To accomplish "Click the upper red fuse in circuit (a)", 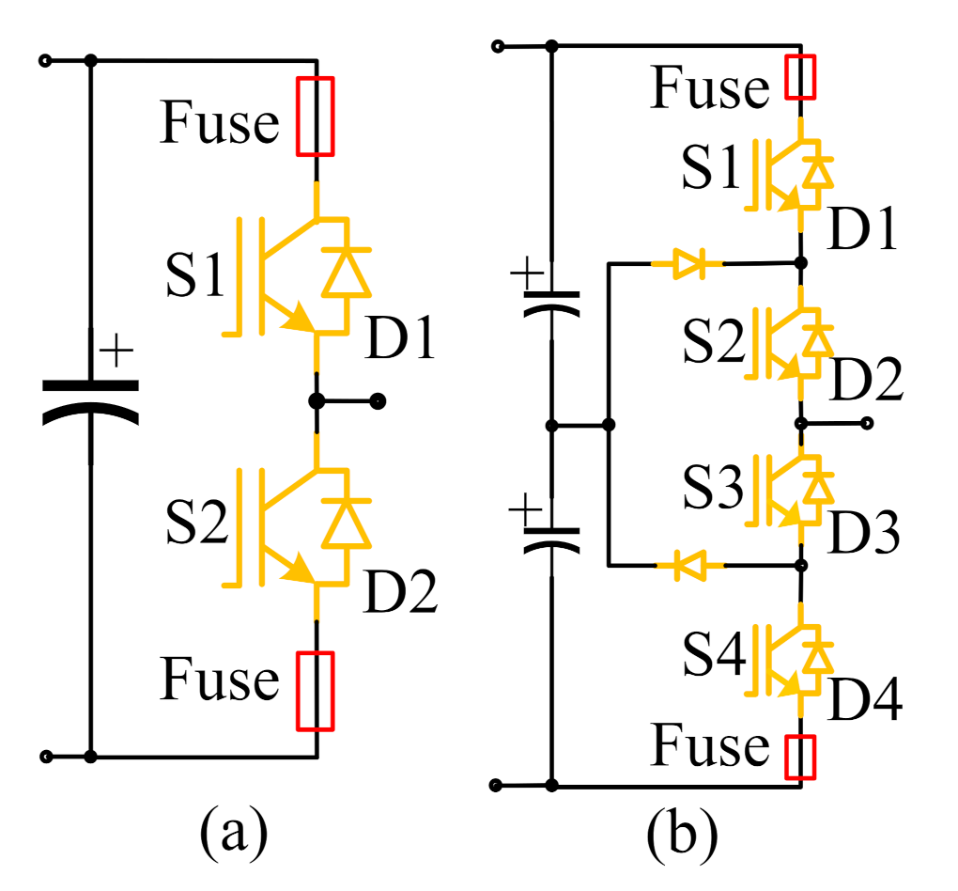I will [315, 117].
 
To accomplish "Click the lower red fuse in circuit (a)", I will [315, 691].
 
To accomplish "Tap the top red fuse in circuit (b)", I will [800, 77].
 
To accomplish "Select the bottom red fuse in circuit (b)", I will [800, 758].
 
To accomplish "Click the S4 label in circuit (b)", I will [712, 657].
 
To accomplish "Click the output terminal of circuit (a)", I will [379, 401].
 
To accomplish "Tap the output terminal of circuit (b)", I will [868, 424].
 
